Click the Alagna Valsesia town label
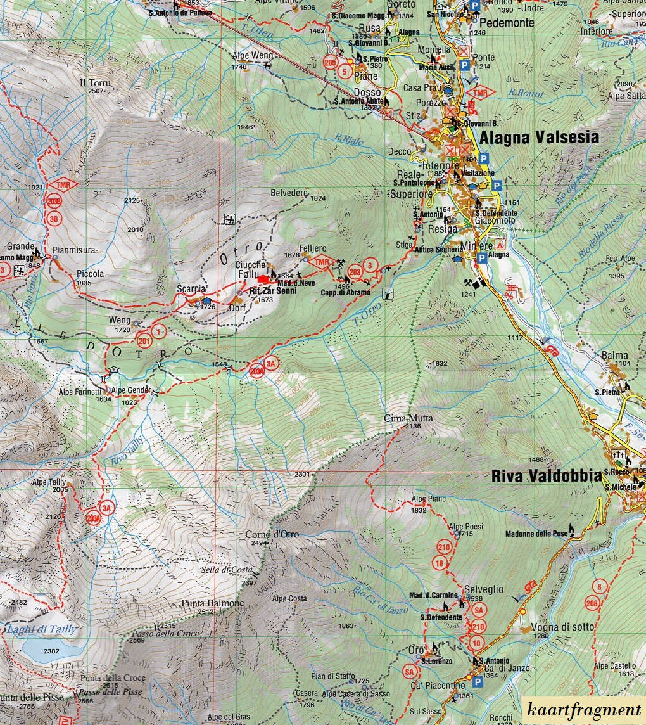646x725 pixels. coord(539,138)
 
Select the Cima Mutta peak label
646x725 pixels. coord(403,418)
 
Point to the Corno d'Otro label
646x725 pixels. coord(272,534)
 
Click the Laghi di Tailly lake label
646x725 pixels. coord(41,629)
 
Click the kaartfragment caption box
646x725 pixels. coord(583,711)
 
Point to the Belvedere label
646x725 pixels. coord(289,193)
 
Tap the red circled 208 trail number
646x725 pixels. coord(592,603)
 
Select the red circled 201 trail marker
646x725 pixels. coord(145,341)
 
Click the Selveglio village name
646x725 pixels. coord(484,589)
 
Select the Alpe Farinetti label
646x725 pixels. coord(79,392)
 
